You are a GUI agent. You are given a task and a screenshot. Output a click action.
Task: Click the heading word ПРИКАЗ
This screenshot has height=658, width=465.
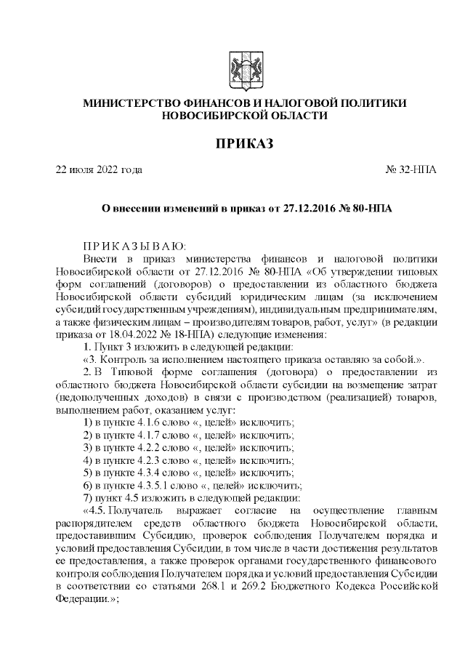[243, 143]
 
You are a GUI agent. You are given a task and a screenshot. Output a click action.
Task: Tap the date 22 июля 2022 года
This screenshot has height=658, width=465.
[100, 170]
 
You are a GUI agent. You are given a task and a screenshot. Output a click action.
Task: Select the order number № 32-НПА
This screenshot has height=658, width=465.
[411, 170]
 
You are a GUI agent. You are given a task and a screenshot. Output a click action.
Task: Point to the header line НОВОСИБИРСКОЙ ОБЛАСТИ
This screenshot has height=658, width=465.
[243, 116]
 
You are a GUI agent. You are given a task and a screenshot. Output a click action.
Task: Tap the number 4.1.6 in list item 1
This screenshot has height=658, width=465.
[143, 422]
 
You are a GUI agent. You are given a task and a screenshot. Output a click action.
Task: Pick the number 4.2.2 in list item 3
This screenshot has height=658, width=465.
[143, 447]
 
